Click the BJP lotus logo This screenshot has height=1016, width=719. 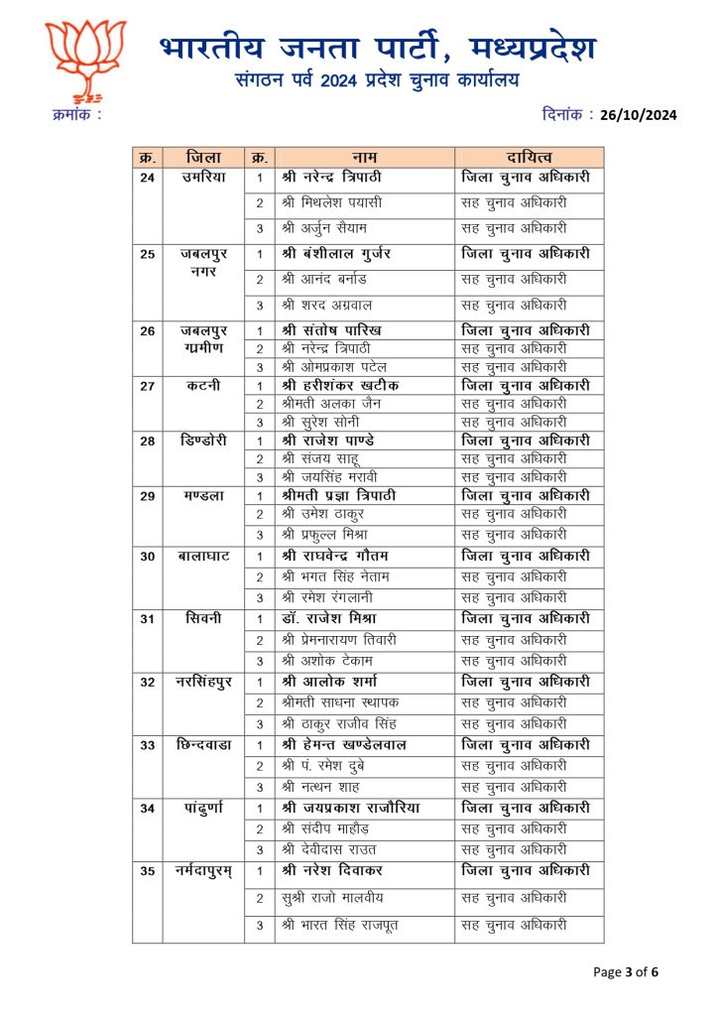(86, 62)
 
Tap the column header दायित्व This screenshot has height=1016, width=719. (529, 158)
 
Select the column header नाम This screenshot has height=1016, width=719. (364, 158)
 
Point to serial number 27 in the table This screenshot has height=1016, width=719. (148, 386)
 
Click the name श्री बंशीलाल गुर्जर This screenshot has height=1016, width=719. (344, 254)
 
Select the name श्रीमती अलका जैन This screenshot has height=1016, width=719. (331, 404)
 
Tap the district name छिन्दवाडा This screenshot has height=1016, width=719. (203, 744)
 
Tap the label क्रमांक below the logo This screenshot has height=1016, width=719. (76, 116)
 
